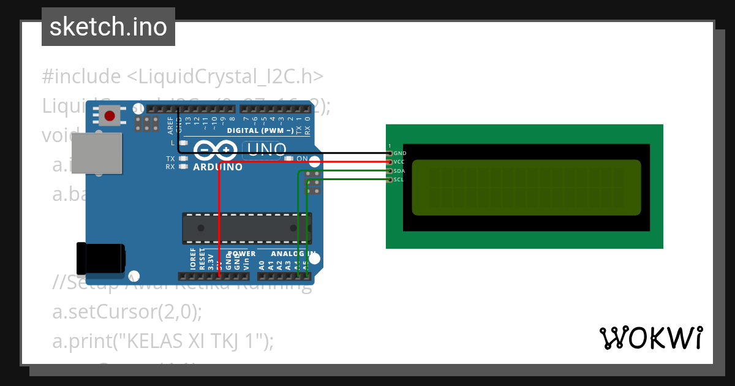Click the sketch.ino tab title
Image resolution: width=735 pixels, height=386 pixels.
pos(108,27)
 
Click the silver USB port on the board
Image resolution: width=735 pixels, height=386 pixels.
pos(96,155)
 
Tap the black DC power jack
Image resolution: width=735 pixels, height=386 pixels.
pos(99,259)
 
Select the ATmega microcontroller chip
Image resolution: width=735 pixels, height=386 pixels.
pos(246,227)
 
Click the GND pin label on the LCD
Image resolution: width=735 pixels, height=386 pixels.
pos(400,153)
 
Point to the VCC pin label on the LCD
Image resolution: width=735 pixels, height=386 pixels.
pos(399,162)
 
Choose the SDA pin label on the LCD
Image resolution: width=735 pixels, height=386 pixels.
pos(399,171)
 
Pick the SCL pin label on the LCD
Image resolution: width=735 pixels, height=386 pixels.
pos(399,180)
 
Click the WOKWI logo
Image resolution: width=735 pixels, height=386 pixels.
pos(650,338)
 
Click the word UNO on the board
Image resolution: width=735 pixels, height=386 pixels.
pos(265,149)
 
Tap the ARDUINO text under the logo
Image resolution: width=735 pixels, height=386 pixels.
pos(217,167)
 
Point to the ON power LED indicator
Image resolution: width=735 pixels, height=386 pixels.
pos(290,159)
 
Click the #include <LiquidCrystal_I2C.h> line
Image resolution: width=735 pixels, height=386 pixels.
pos(183,77)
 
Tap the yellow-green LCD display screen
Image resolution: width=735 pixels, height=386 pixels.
pos(526,187)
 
